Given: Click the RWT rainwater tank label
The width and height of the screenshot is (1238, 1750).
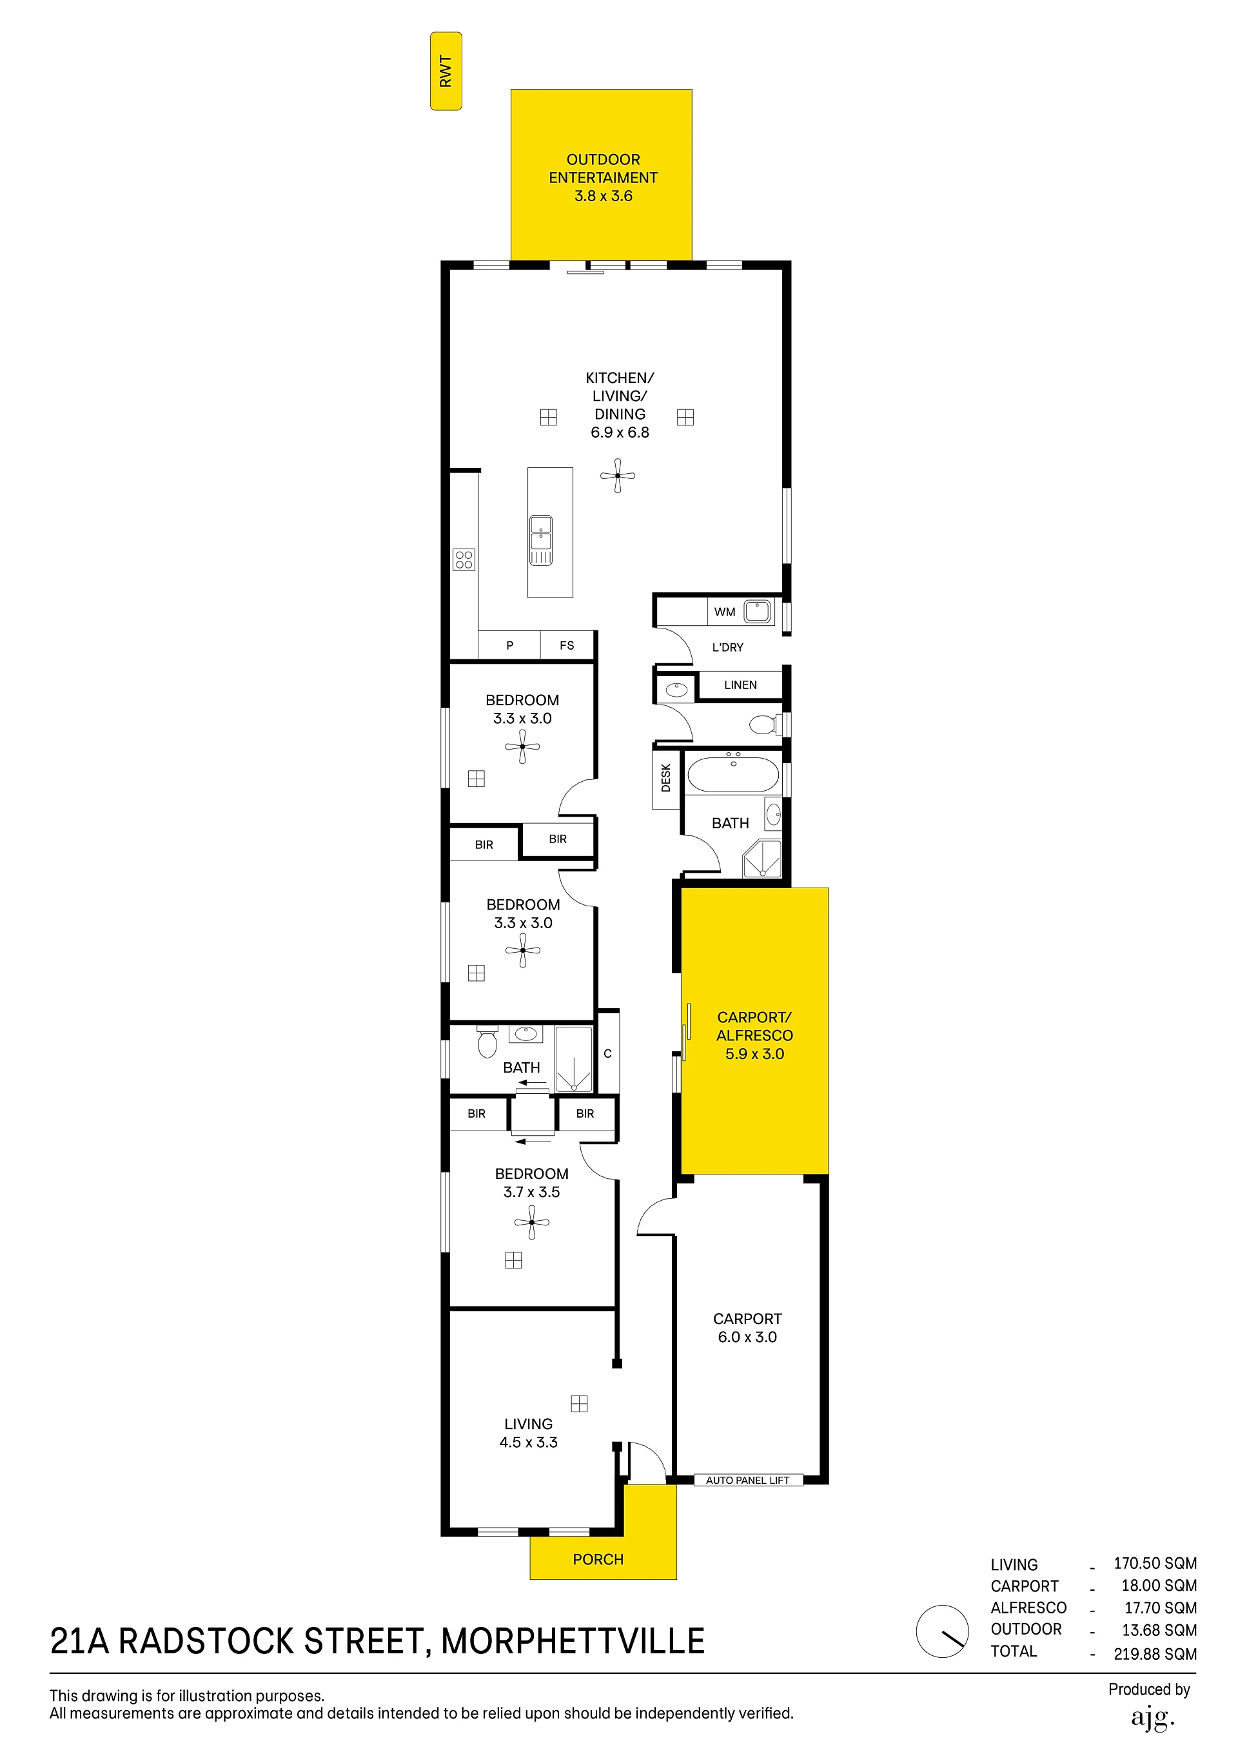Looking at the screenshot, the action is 446,72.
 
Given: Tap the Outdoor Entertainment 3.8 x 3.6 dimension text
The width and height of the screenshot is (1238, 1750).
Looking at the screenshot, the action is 603,196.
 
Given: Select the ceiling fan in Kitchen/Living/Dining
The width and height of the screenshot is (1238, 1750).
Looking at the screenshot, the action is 618,476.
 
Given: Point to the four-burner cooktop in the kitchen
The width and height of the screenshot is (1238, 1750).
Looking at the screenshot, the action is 464,560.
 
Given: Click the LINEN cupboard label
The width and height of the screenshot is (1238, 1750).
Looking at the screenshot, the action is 740,685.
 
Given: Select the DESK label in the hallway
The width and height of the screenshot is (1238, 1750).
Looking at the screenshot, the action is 665,778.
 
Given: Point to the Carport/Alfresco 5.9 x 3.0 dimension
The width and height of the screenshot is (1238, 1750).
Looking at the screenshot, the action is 754,1054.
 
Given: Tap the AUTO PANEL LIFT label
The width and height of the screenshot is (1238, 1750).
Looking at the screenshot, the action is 747,1480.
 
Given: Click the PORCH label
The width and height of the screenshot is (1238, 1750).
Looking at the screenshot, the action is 598,1559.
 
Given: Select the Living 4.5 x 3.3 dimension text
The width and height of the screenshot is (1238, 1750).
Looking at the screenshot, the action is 528,1442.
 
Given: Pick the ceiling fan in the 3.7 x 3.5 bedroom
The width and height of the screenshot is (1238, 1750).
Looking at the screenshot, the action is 531,1223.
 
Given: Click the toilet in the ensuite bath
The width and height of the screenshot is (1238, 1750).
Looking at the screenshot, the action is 487,1041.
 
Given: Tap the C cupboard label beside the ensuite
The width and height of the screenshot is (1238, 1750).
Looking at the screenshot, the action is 607,1053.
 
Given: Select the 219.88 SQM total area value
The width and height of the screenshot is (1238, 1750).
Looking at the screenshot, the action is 1155,1654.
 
